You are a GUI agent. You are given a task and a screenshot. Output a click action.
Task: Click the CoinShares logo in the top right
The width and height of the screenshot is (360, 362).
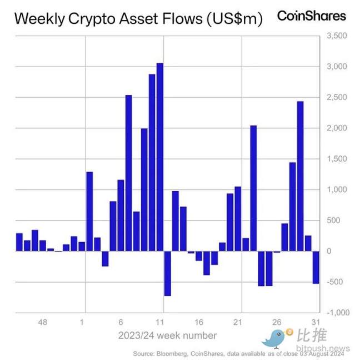click(x=311, y=16)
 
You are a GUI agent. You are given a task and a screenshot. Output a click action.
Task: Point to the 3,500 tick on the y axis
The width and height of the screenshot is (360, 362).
click(x=336, y=36)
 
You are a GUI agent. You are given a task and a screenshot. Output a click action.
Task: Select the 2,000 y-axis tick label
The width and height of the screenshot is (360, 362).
click(x=336, y=128)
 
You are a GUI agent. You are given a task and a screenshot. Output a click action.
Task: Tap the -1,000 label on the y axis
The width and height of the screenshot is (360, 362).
click(x=335, y=313)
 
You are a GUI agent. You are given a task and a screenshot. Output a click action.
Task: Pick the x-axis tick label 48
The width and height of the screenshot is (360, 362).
click(x=42, y=322)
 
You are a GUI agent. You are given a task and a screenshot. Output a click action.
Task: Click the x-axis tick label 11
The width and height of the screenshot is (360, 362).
click(x=159, y=322)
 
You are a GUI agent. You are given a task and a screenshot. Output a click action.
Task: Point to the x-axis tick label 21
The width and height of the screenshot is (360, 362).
click(x=238, y=322)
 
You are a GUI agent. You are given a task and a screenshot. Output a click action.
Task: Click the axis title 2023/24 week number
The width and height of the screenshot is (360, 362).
click(x=167, y=335)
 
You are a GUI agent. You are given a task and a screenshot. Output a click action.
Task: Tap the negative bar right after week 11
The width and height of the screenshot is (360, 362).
click(x=167, y=273)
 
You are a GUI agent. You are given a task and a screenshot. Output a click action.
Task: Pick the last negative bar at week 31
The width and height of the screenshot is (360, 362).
click(x=316, y=267)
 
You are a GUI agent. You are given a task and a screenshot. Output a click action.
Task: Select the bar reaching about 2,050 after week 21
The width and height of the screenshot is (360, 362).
click(x=253, y=188)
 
